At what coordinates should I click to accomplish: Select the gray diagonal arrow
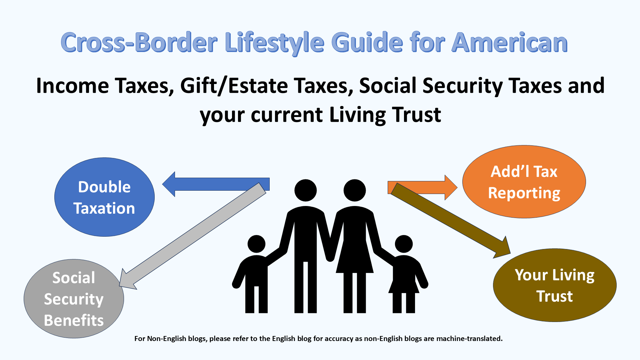click(193, 235)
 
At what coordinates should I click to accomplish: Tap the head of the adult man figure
click(305, 190)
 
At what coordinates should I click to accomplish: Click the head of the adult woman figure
click(355, 190)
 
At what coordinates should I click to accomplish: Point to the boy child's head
click(256, 244)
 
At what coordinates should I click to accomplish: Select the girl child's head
click(404, 244)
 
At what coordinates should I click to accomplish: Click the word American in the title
click(509, 43)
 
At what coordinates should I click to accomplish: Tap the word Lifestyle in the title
click(274, 43)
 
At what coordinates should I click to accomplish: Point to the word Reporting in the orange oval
click(524, 193)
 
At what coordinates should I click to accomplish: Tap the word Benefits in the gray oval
click(74, 320)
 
